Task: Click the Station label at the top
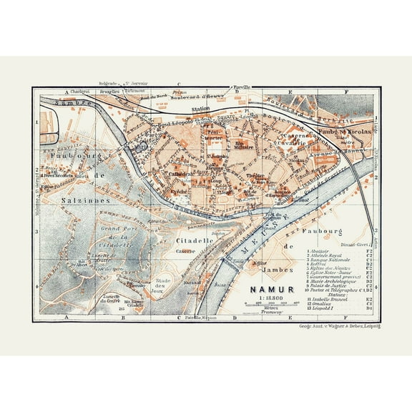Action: (202, 109)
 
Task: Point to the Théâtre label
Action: (255, 176)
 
